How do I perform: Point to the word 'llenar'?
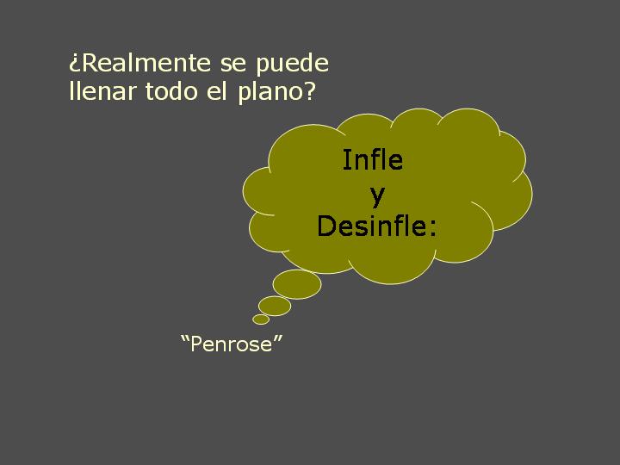coord(102,90)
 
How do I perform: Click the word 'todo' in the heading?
coord(171,90)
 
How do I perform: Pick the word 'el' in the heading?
coord(217,90)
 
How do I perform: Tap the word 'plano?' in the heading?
coord(276,92)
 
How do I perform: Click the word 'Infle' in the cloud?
coord(373,160)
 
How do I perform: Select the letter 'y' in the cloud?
coord(378,195)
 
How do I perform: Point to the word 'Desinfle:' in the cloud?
coord(377,226)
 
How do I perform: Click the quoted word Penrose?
coord(232,344)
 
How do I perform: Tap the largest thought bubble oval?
coord(297,284)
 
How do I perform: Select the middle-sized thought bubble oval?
coord(275,306)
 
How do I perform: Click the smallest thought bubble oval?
coord(261,319)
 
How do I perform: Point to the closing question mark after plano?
coord(309,90)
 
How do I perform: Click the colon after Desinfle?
coord(434,228)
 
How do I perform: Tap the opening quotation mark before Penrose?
coord(184,338)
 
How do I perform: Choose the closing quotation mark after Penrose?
coord(278,338)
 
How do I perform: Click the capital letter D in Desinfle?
coord(326,226)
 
